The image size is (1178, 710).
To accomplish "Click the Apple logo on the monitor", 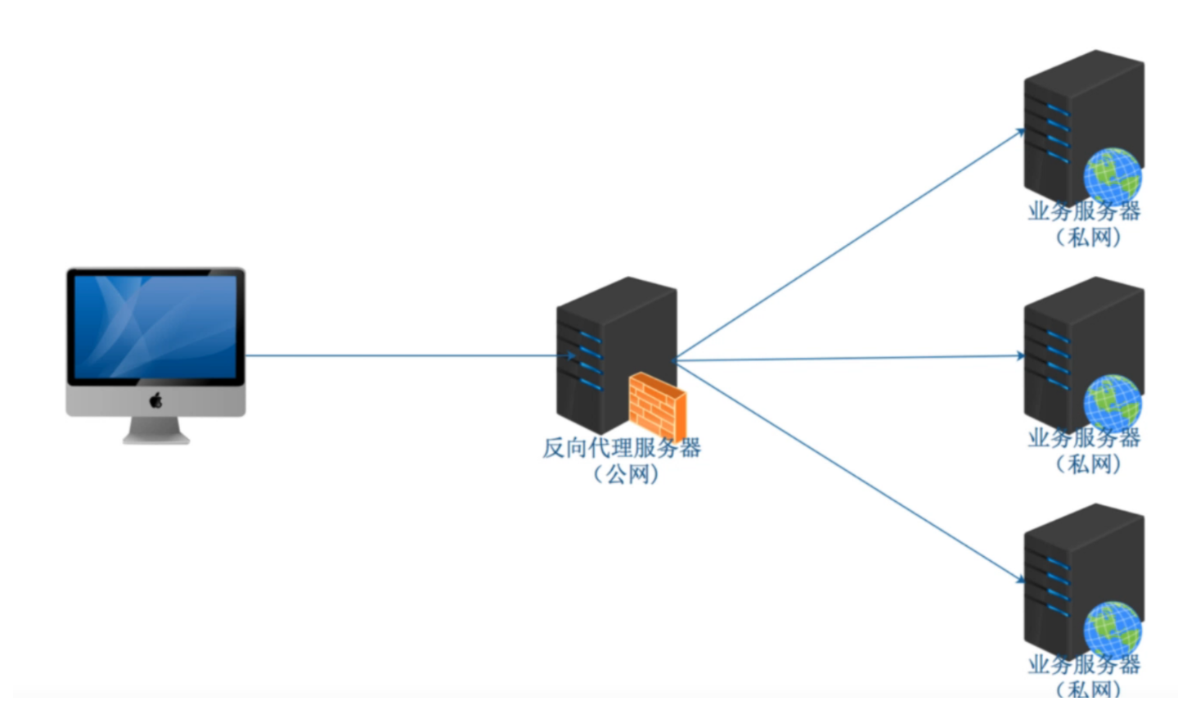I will click(x=155, y=400).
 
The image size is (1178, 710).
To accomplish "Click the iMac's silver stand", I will click(x=155, y=430).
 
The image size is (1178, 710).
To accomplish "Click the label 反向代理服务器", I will click(x=622, y=448).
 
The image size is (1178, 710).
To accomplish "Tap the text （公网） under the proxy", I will click(x=626, y=474).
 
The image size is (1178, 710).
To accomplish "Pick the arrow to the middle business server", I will click(x=851, y=358).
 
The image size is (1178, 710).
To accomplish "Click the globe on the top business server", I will click(x=1112, y=175).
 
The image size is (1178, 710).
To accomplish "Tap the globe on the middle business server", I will click(x=1112, y=402).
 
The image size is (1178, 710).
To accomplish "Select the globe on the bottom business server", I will click(x=1112, y=629).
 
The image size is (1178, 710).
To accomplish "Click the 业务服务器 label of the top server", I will click(x=1084, y=211).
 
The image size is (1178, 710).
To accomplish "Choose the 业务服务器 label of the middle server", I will click(x=1084, y=438).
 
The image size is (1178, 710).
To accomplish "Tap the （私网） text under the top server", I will click(x=1088, y=237).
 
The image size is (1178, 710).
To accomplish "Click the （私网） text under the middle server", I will click(x=1088, y=464).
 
